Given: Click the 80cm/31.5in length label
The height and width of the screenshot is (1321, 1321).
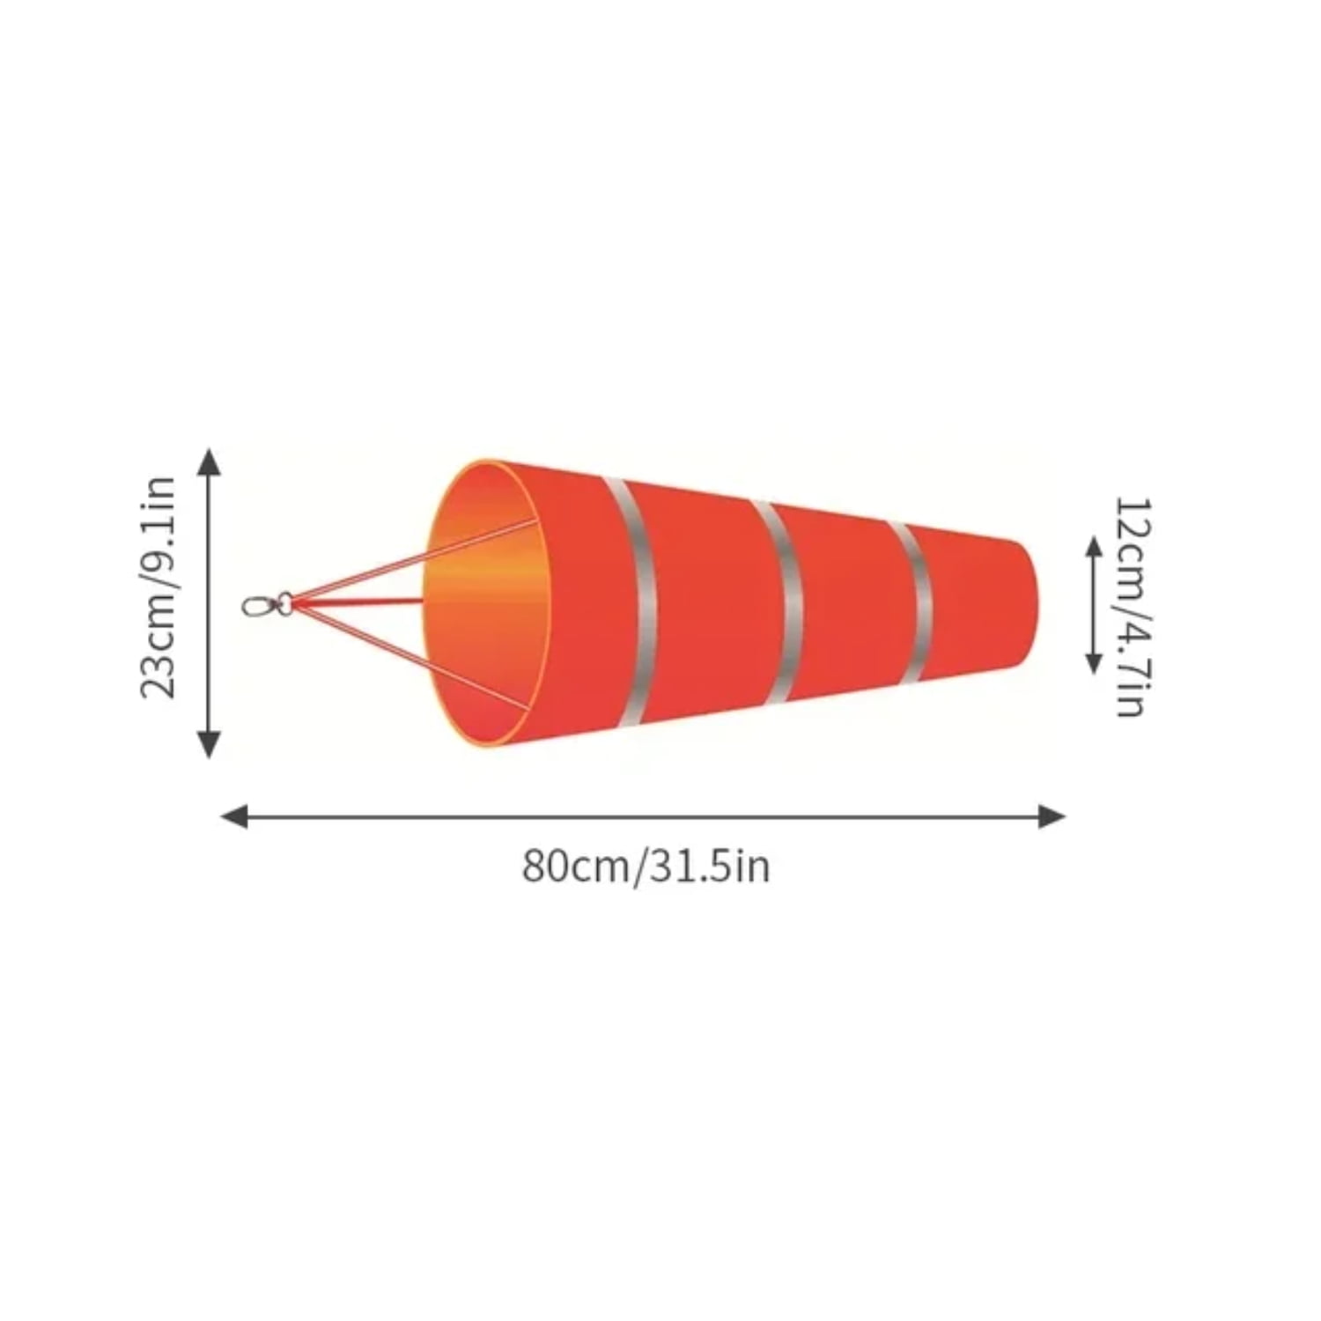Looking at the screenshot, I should pos(646,866).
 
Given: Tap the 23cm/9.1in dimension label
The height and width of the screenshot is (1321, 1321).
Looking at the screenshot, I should pos(159,587).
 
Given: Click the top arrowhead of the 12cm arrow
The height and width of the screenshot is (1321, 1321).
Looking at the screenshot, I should pos(1094,547).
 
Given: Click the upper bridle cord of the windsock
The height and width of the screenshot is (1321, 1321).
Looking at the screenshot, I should pos(414,561).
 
